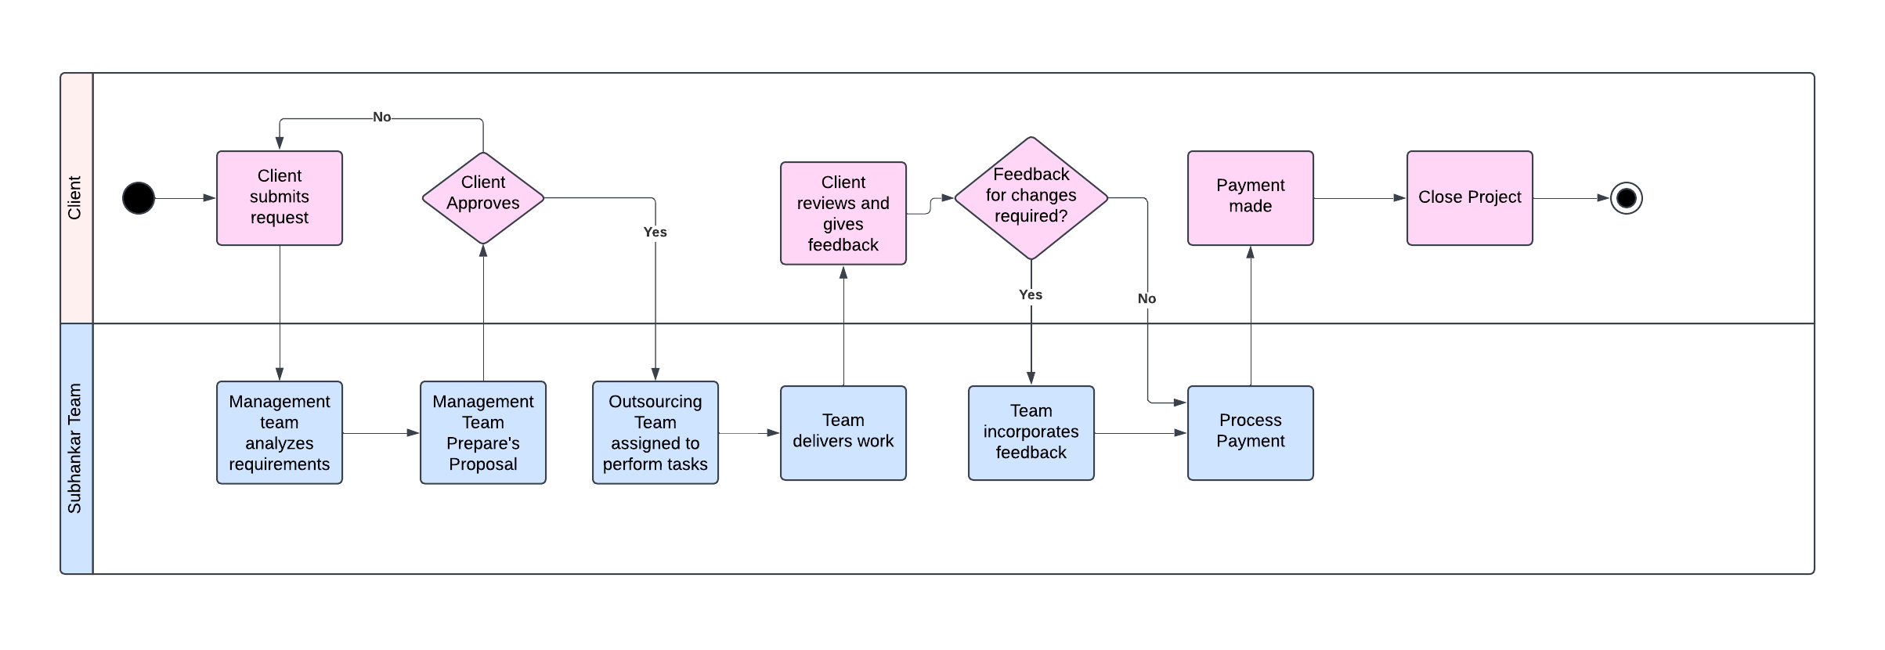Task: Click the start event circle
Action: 139,198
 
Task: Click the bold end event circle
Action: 1626,198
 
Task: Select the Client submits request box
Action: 280,198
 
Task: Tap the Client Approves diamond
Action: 483,198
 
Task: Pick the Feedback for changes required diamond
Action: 1031,197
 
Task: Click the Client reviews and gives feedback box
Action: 843,213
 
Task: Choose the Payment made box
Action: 1251,198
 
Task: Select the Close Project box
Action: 1470,198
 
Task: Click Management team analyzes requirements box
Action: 280,432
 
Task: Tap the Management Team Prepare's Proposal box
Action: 483,432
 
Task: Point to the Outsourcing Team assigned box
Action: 655,432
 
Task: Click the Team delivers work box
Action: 843,432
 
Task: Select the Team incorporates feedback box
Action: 1031,432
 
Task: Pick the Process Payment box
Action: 1251,432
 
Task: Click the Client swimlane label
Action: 75,198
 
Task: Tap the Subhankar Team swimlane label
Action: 75,448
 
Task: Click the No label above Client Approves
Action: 381,117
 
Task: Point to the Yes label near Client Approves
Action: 655,232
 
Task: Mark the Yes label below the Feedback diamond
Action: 1031,294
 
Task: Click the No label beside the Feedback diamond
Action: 1147,298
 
